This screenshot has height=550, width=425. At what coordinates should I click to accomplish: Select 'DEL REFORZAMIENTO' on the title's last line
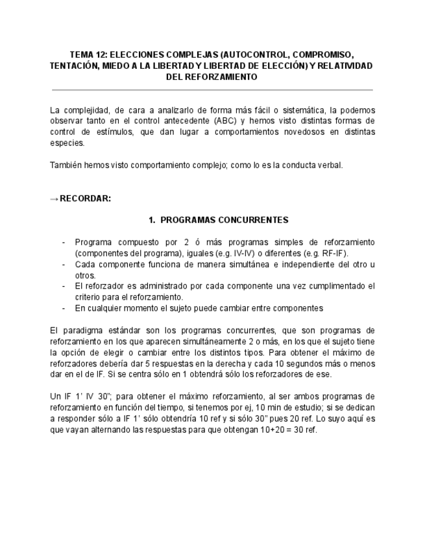coord(212,77)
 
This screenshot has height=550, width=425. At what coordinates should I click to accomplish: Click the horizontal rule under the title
coord(212,90)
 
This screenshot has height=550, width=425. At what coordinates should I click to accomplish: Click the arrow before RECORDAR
coord(54,198)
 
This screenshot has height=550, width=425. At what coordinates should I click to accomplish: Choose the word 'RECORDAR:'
coord(85,198)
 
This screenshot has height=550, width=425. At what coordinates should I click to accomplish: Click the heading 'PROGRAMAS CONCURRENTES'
coord(225,220)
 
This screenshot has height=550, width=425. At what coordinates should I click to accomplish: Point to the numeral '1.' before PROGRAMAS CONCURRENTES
coord(153,220)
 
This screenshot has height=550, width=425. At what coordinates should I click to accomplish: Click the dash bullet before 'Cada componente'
coord(64,265)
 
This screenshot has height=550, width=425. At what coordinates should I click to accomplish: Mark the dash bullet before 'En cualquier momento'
coord(64,307)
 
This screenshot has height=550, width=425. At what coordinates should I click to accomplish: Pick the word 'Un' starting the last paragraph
coord(55,396)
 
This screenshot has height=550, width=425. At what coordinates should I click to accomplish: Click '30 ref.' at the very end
coord(305,429)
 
